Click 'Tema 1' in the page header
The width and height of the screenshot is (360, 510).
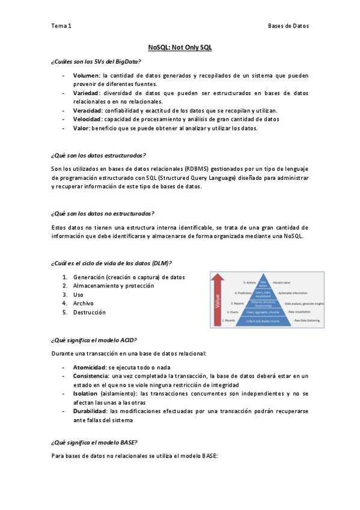pyautogui.click(x=61, y=26)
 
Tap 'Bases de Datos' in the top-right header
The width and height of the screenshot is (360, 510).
pyautogui.click(x=288, y=26)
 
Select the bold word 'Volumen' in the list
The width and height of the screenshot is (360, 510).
pyautogui.click(x=86, y=76)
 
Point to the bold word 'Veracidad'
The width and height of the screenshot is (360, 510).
pyautogui.click(x=87, y=111)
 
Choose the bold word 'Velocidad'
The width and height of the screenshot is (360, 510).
pyautogui.click(x=87, y=119)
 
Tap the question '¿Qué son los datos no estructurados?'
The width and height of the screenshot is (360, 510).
pyautogui.click(x=103, y=214)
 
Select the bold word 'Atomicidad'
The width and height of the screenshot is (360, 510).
pyautogui.click(x=90, y=366)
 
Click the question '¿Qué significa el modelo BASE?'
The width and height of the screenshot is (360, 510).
pyautogui.click(x=94, y=442)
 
